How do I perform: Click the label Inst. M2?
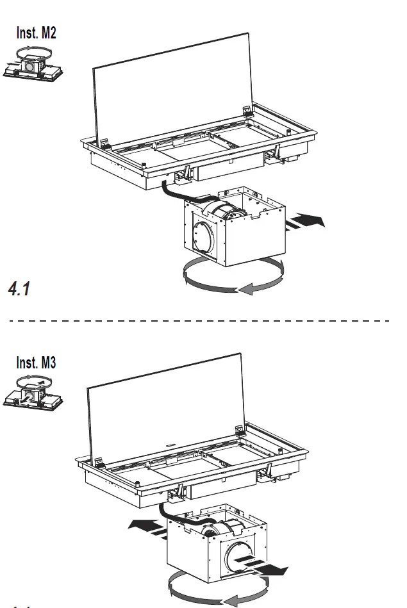click(36, 32)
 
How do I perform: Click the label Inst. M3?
click(36, 362)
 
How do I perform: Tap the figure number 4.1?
click(19, 289)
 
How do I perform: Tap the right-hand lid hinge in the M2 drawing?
click(249, 111)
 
